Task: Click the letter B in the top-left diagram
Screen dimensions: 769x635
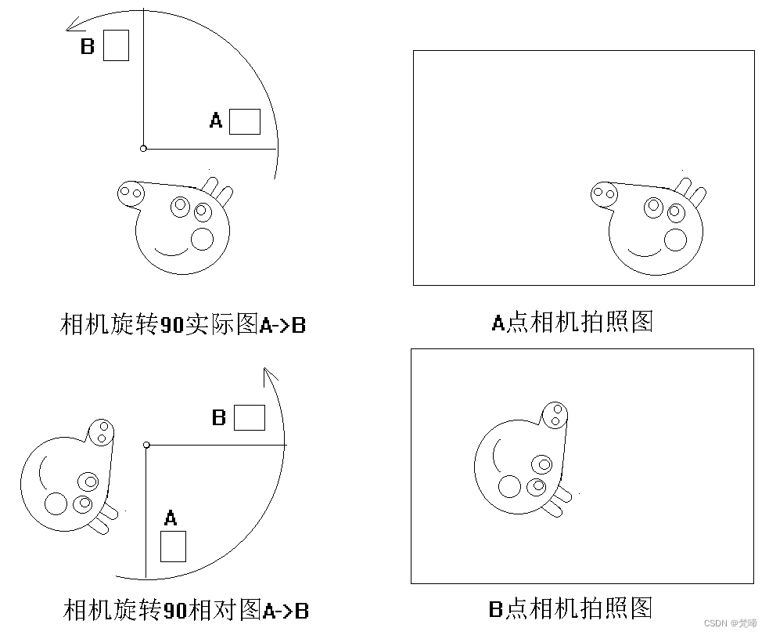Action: (x=88, y=46)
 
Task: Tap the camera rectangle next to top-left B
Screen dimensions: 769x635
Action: (x=117, y=45)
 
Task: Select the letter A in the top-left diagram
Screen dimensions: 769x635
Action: (x=216, y=121)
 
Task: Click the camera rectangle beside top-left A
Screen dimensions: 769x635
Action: (x=245, y=121)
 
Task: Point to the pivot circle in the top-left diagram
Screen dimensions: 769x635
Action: (x=143, y=148)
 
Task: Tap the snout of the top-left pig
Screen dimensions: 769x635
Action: (x=131, y=193)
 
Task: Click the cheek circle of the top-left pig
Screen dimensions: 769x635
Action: (x=202, y=240)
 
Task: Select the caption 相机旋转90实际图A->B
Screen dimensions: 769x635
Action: (x=183, y=324)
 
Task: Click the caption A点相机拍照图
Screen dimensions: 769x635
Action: (x=573, y=322)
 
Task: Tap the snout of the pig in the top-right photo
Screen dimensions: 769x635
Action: (x=604, y=193)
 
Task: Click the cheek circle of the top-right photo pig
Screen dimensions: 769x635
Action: (x=675, y=240)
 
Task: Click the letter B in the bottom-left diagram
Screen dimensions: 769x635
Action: (x=219, y=417)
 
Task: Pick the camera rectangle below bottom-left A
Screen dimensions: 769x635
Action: (x=173, y=547)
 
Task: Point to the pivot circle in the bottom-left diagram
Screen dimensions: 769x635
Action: (x=146, y=445)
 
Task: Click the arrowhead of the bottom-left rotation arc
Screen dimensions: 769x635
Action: (x=270, y=375)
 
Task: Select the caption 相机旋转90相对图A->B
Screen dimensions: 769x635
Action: (x=186, y=610)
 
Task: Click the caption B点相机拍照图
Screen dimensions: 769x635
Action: (x=571, y=608)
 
